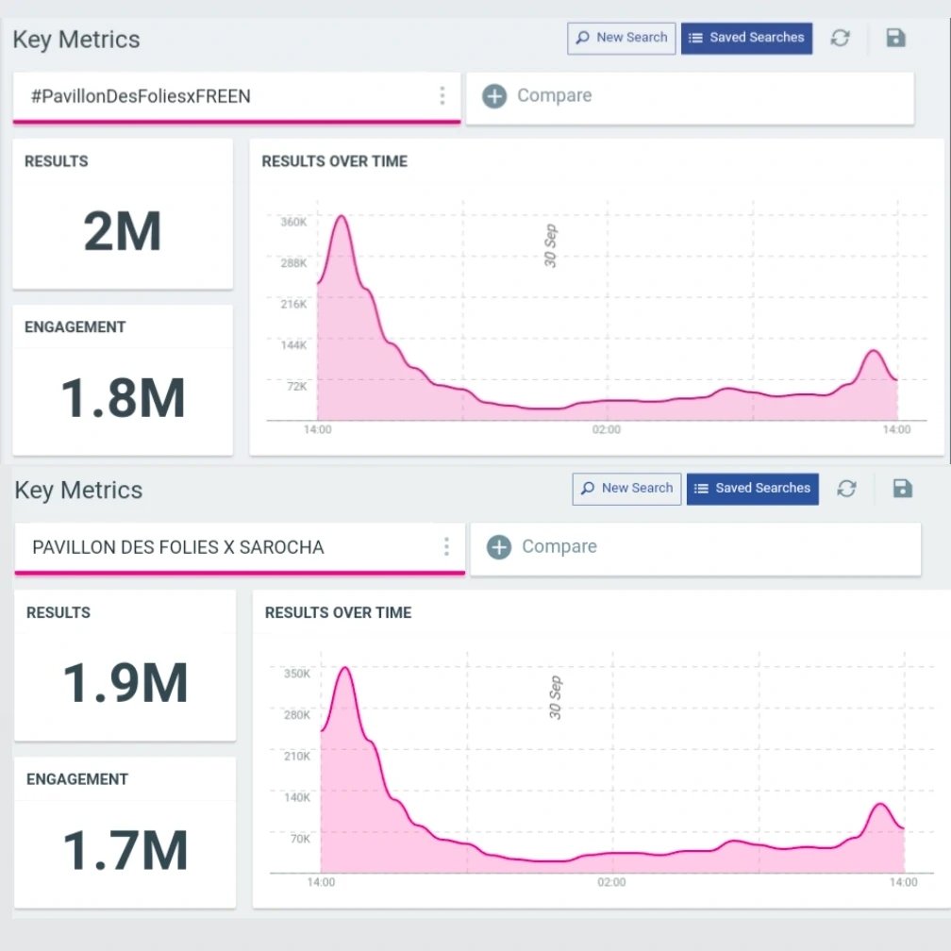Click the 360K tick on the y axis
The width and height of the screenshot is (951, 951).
pyautogui.click(x=293, y=222)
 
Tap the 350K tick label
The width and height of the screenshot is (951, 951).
pyautogui.click(x=296, y=674)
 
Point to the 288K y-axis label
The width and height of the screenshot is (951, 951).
pyautogui.click(x=293, y=263)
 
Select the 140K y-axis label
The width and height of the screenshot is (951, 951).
pyautogui.click(x=296, y=797)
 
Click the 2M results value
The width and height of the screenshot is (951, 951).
pyautogui.click(x=123, y=231)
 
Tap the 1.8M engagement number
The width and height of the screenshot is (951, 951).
pyautogui.click(x=123, y=397)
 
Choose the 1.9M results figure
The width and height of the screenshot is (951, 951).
pyautogui.click(x=125, y=682)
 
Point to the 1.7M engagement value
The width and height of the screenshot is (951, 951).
pyautogui.click(x=125, y=849)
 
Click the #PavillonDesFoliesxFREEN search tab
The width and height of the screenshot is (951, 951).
pyautogui.click(x=142, y=96)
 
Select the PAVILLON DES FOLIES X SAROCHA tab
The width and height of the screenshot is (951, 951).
pyautogui.click(x=178, y=547)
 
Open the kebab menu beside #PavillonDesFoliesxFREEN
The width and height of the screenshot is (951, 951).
pyautogui.click(x=442, y=95)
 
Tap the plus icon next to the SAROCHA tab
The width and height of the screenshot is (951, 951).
pyautogui.click(x=499, y=547)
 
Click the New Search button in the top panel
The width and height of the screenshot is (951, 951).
pyautogui.click(x=622, y=38)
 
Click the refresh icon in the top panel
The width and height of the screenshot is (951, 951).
pyautogui.click(x=840, y=38)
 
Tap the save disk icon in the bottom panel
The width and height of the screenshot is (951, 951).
pyautogui.click(x=903, y=488)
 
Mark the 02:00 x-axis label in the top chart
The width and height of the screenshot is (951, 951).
pyautogui.click(x=607, y=430)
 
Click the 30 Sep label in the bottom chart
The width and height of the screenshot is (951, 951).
pyautogui.click(x=556, y=697)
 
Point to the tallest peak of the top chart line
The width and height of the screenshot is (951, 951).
pyautogui.click(x=342, y=216)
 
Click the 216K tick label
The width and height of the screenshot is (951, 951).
pyautogui.click(x=293, y=304)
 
